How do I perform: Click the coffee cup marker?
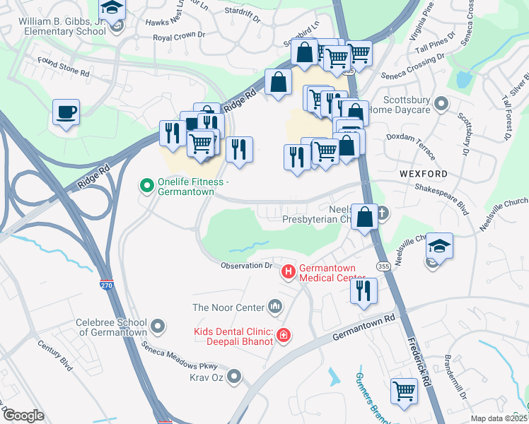tap(66, 112)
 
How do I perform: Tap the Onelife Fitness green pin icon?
tap(147, 187)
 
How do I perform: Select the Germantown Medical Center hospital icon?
tap(289, 271)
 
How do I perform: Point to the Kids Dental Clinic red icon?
tap(284, 335)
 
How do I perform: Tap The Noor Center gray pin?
tap(274, 307)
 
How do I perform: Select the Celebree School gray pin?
tap(158, 326)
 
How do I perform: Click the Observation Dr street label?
tap(246, 266)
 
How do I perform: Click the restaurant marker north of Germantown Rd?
tap(364, 290)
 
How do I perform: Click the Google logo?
tap(23, 416)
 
